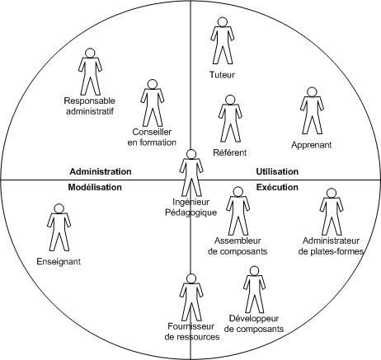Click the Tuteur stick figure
223,41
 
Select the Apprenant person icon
312,111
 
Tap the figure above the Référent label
230,119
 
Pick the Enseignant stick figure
59,227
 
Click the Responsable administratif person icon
90,72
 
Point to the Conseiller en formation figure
152,103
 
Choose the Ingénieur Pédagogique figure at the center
191,173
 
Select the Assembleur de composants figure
238,211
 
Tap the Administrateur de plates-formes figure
332,212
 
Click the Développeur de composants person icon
255,290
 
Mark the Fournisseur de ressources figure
191,297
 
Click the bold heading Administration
101,171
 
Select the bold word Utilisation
277,171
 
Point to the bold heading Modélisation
95,187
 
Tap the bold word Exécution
277,187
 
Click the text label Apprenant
312,145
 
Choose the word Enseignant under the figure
59,261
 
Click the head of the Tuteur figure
222,22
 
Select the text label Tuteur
222,75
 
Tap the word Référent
230,152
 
